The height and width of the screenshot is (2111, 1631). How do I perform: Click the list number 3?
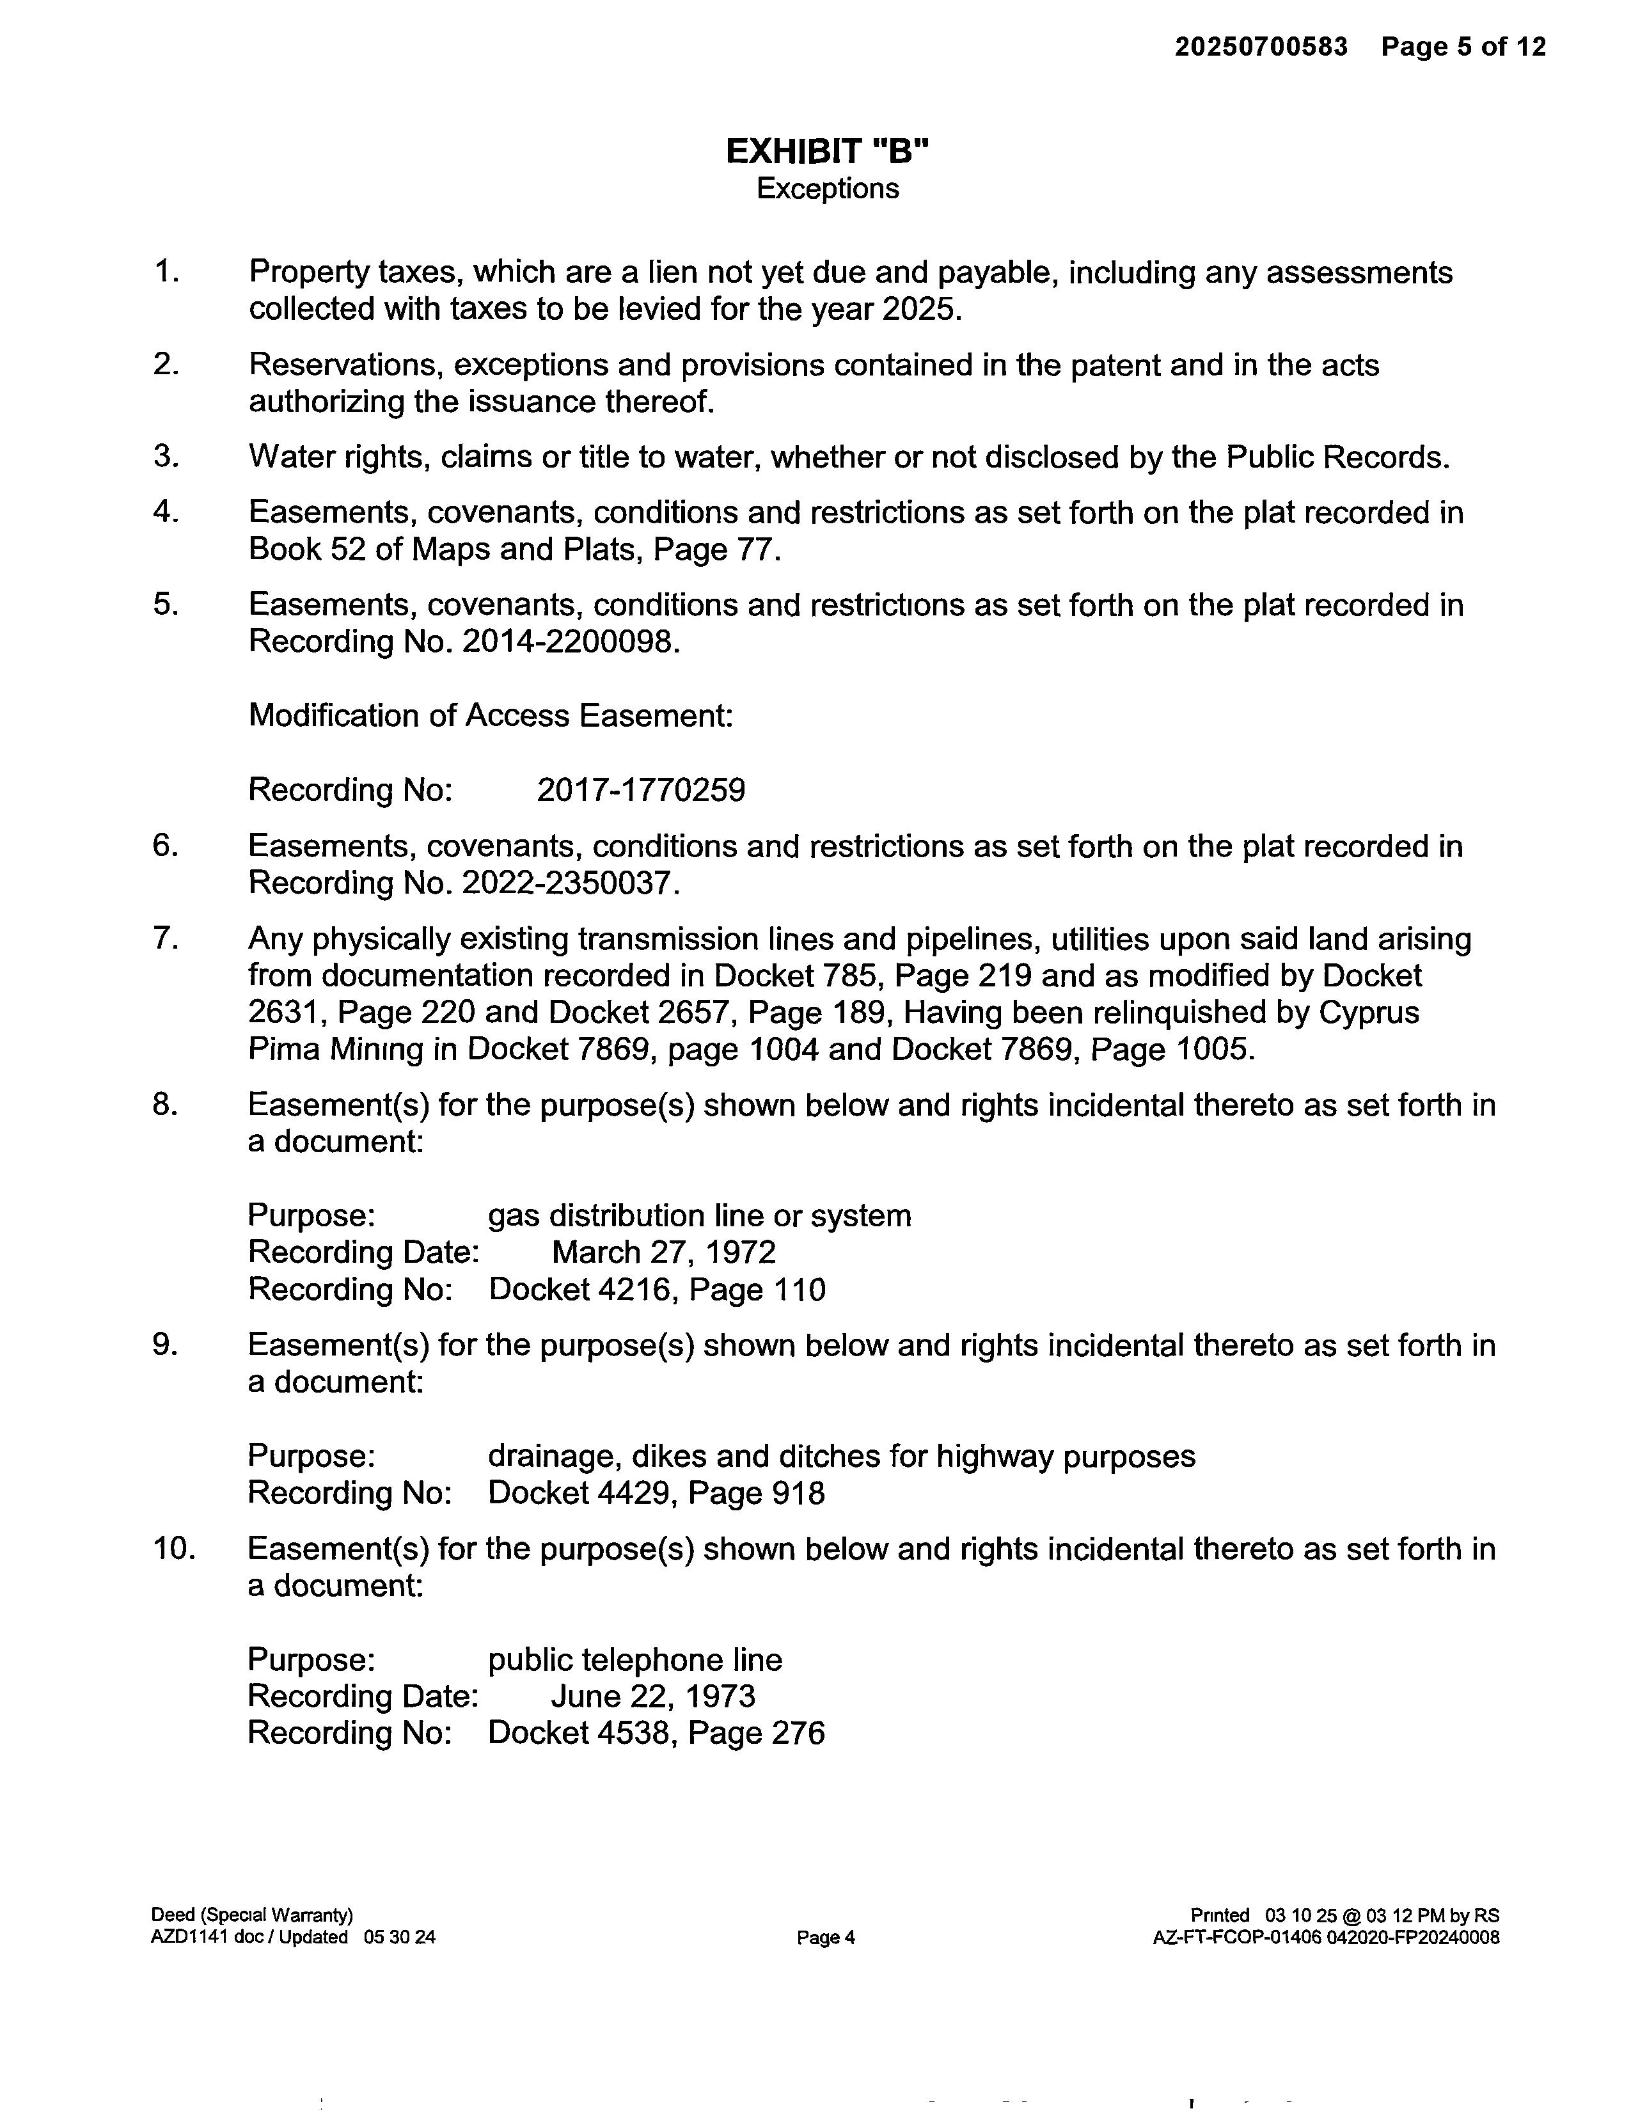click(166, 456)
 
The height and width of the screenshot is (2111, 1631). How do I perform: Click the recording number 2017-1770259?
click(641, 791)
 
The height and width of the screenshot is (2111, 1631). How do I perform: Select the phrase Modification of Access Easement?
click(490, 716)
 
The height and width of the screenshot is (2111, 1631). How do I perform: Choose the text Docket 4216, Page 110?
click(657, 1290)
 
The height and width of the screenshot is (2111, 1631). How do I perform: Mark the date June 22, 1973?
click(653, 1696)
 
